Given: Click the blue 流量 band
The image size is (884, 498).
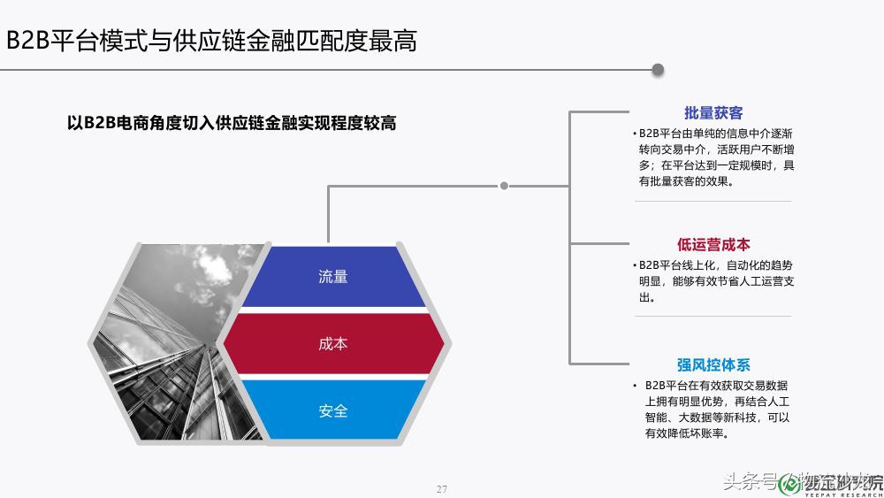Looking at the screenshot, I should pyautogui.click(x=333, y=277).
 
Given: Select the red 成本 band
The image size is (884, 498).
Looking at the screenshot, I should pyautogui.click(x=333, y=343).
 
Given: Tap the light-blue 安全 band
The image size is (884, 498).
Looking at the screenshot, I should pyautogui.click(x=333, y=410).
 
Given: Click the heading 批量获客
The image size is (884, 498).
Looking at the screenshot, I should pyautogui.click(x=713, y=113).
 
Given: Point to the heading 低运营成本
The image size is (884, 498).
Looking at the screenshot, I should pyautogui.click(x=713, y=245).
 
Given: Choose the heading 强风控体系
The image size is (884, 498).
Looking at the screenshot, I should pyautogui.click(x=713, y=364).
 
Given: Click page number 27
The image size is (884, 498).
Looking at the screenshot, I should pyautogui.click(x=443, y=489).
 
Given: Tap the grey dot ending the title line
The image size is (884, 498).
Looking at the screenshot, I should pyautogui.click(x=658, y=69).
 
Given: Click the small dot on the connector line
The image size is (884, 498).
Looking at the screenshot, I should pyautogui.click(x=504, y=186).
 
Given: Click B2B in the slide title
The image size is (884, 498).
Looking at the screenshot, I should pyautogui.click(x=27, y=41).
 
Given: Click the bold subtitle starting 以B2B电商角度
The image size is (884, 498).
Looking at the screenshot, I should pyautogui.click(x=232, y=123).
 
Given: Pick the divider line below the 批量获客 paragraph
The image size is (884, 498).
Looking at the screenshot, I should pyautogui.click(x=713, y=202).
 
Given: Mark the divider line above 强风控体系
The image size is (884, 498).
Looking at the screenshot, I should pyautogui.click(x=713, y=317).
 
